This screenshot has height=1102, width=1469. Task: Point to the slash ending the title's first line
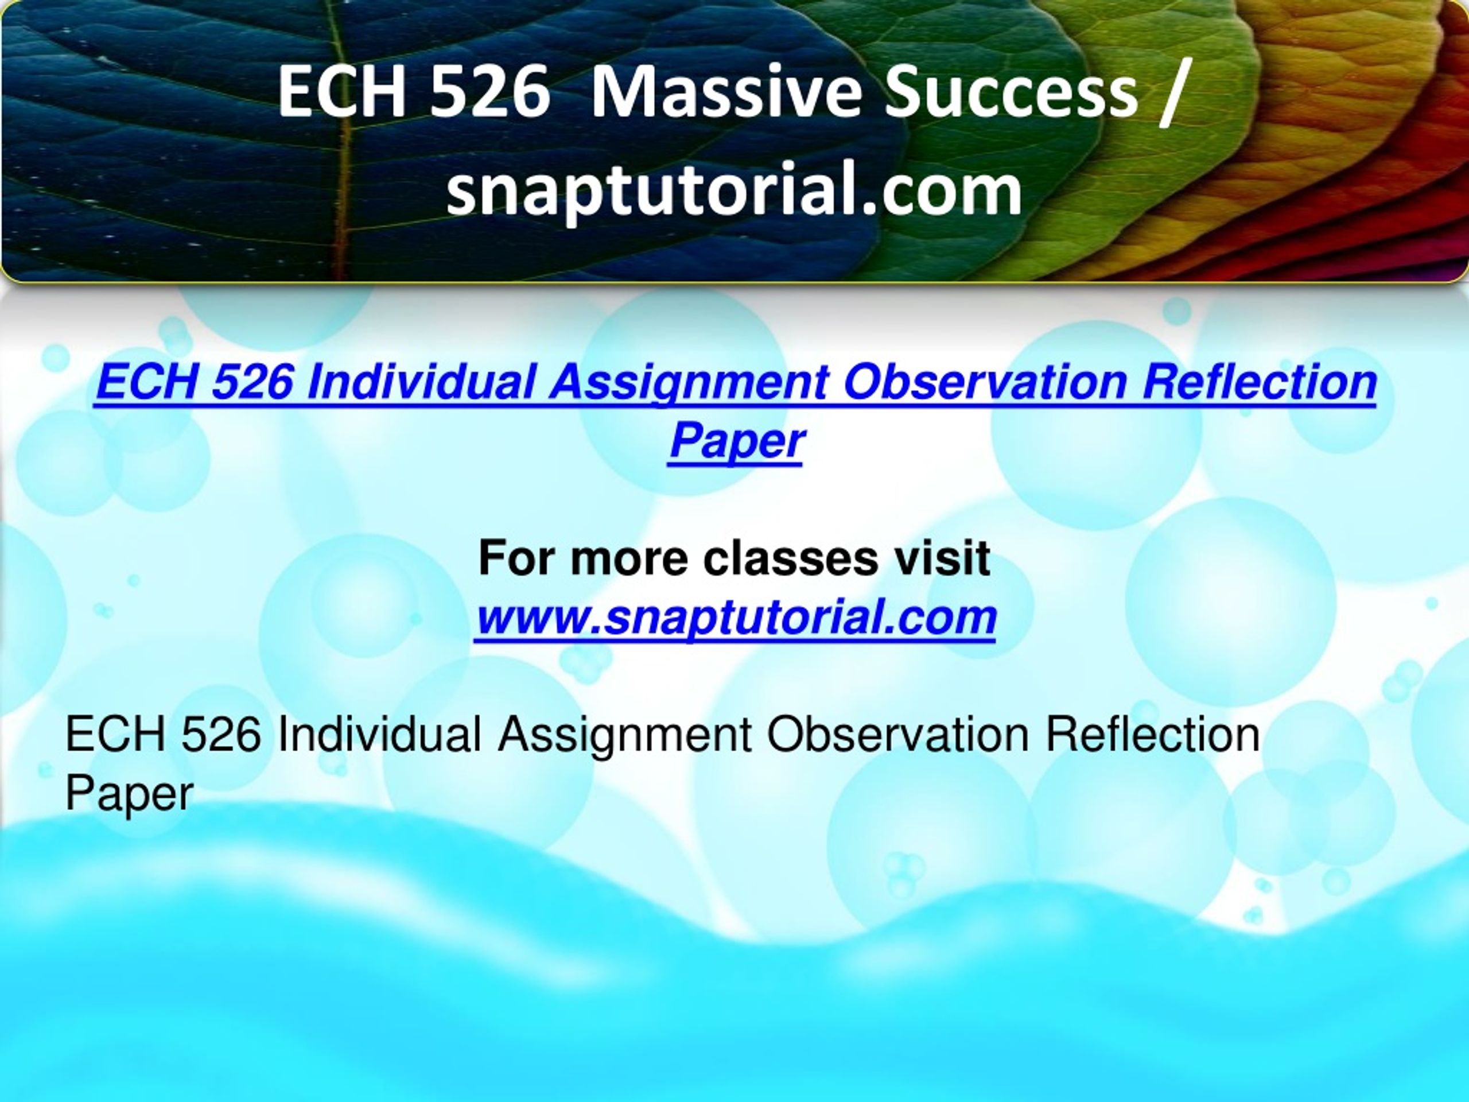[x=1171, y=94]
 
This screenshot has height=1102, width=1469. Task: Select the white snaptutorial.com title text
[x=734, y=192]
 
